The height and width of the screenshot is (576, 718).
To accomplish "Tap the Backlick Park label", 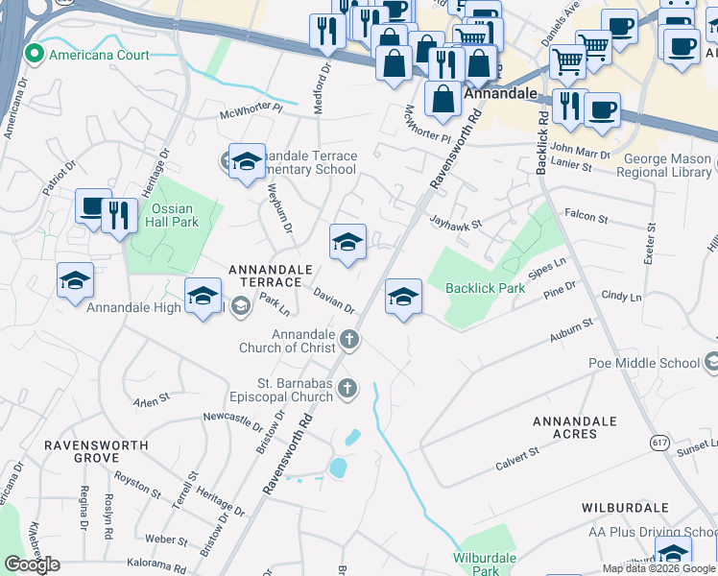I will [485, 288].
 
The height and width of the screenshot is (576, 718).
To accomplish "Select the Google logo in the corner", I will [31, 564].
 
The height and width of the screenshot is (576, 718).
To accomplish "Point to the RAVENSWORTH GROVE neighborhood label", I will [96, 452].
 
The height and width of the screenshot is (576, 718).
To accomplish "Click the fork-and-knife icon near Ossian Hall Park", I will [119, 216].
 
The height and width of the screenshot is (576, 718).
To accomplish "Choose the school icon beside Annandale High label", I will [203, 298].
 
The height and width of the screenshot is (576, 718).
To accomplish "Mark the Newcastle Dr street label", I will [232, 420].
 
